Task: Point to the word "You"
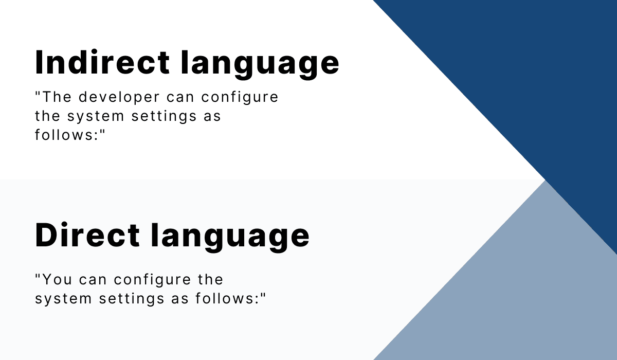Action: coord(56,280)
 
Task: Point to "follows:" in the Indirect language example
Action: coord(69,135)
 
